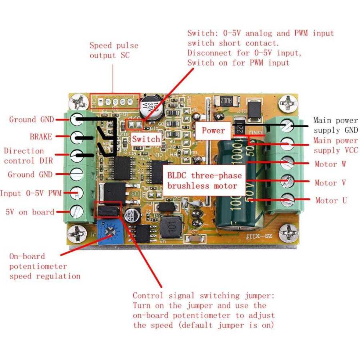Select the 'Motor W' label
[330, 164]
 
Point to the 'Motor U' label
[331, 200]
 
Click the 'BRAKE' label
[41, 137]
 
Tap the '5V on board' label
[30, 212]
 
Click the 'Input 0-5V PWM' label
[31, 193]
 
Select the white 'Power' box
[213, 130]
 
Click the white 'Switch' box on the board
[146, 139]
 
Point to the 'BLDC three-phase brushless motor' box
[204, 180]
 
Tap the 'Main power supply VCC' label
[335, 145]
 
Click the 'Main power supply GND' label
[335, 125]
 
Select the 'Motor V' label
[331, 183]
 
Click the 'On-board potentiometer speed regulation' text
[44, 266]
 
